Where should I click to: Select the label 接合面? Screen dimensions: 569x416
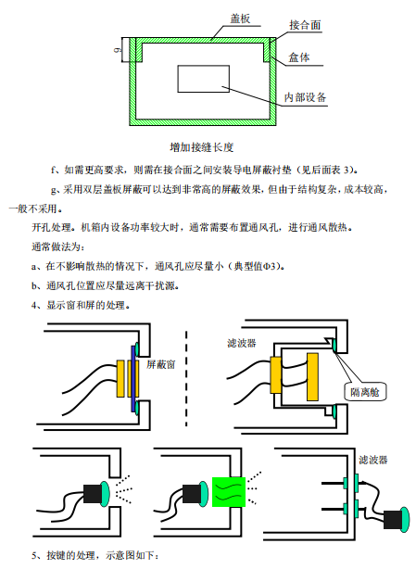pos(305,25)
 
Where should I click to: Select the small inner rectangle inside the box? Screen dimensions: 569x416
pos(203,79)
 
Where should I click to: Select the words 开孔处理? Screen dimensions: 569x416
pos(53,227)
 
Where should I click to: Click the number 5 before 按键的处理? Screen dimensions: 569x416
pos(34,555)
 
